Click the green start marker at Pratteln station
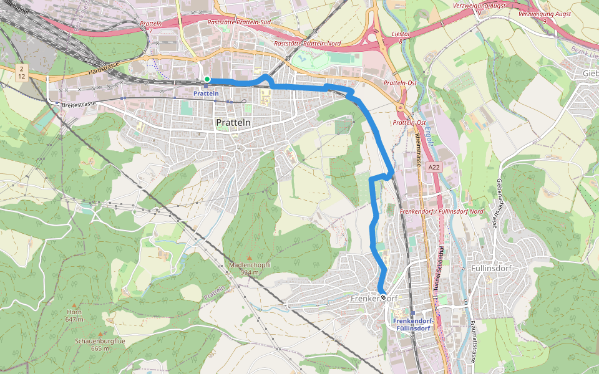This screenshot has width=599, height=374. (x=207, y=79)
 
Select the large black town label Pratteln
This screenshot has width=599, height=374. (x=233, y=123)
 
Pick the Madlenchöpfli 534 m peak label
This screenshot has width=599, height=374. (x=249, y=268)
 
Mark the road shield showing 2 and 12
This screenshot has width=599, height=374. (x=22, y=72)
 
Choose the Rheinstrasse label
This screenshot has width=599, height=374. (x=416, y=150)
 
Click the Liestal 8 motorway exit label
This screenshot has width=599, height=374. (x=400, y=37)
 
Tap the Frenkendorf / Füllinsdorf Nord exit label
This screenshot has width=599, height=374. (x=441, y=211)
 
